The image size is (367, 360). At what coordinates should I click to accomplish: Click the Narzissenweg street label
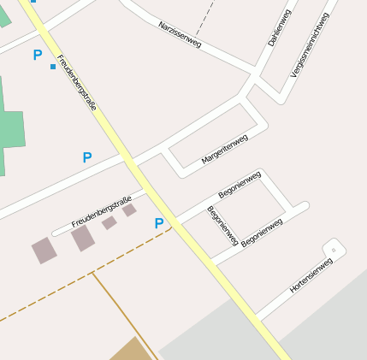(x=180, y=35)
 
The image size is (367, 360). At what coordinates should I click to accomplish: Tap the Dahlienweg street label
(x=280, y=27)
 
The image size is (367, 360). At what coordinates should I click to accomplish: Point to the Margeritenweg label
(x=224, y=150)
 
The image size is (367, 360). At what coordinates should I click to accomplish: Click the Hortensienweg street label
(x=311, y=275)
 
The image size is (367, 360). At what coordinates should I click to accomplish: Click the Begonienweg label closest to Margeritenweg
(x=239, y=185)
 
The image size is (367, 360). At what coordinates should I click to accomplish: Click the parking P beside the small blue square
(x=37, y=55)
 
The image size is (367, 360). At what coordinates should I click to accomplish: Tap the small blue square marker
(x=53, y=66)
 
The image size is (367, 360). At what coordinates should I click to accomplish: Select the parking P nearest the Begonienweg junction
(x=158, y=223)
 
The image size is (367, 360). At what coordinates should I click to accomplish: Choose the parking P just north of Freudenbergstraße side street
(x=86, y=157)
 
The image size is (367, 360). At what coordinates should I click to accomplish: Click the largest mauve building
(x=83, y=238)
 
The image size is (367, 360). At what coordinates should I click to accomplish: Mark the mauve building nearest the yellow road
(x=129, y=210)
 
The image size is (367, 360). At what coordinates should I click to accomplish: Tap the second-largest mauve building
(x=44, y=251)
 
